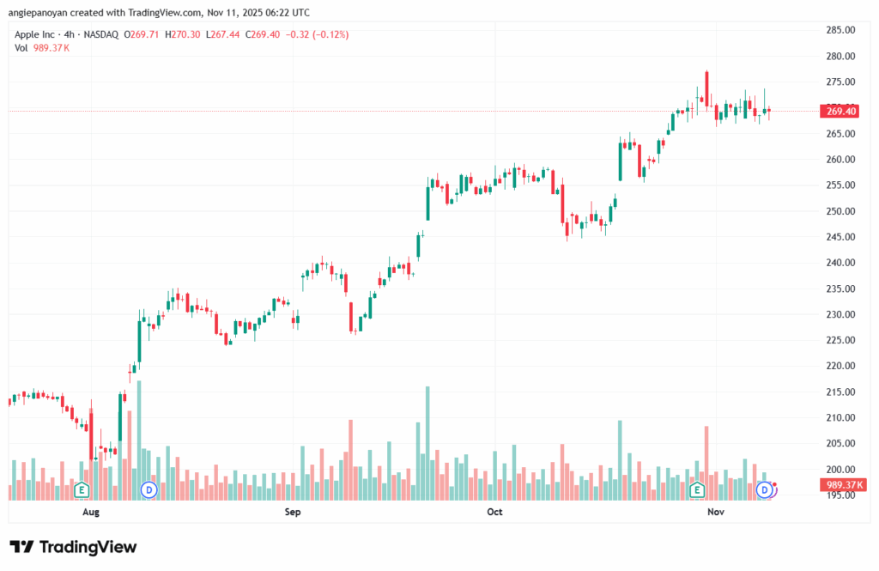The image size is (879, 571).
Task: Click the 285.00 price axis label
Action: click(x=840, y=30)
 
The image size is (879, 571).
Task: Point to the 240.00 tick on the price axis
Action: click(x=840, y=263)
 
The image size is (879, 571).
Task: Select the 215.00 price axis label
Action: click(x=840, y=392)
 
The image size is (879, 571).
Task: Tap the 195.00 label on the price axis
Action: click(x=840, y=495)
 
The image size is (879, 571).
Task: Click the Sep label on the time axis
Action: click(x=293, y=512)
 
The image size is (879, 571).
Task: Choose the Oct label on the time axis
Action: click(x=494, y=512)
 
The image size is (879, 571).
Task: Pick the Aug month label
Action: click(x=91, y=512)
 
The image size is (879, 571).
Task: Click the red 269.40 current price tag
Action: click(x=840, y=111)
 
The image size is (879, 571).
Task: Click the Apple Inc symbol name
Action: click(x=40, y=34)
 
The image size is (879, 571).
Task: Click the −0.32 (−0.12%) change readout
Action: click(x=318, y=34)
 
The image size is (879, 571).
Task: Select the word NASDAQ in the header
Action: click(x=100, y=34)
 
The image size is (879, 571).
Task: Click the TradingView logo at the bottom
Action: click(x=73, y=547)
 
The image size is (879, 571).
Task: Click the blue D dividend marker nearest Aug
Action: click(x=149, y=489)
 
